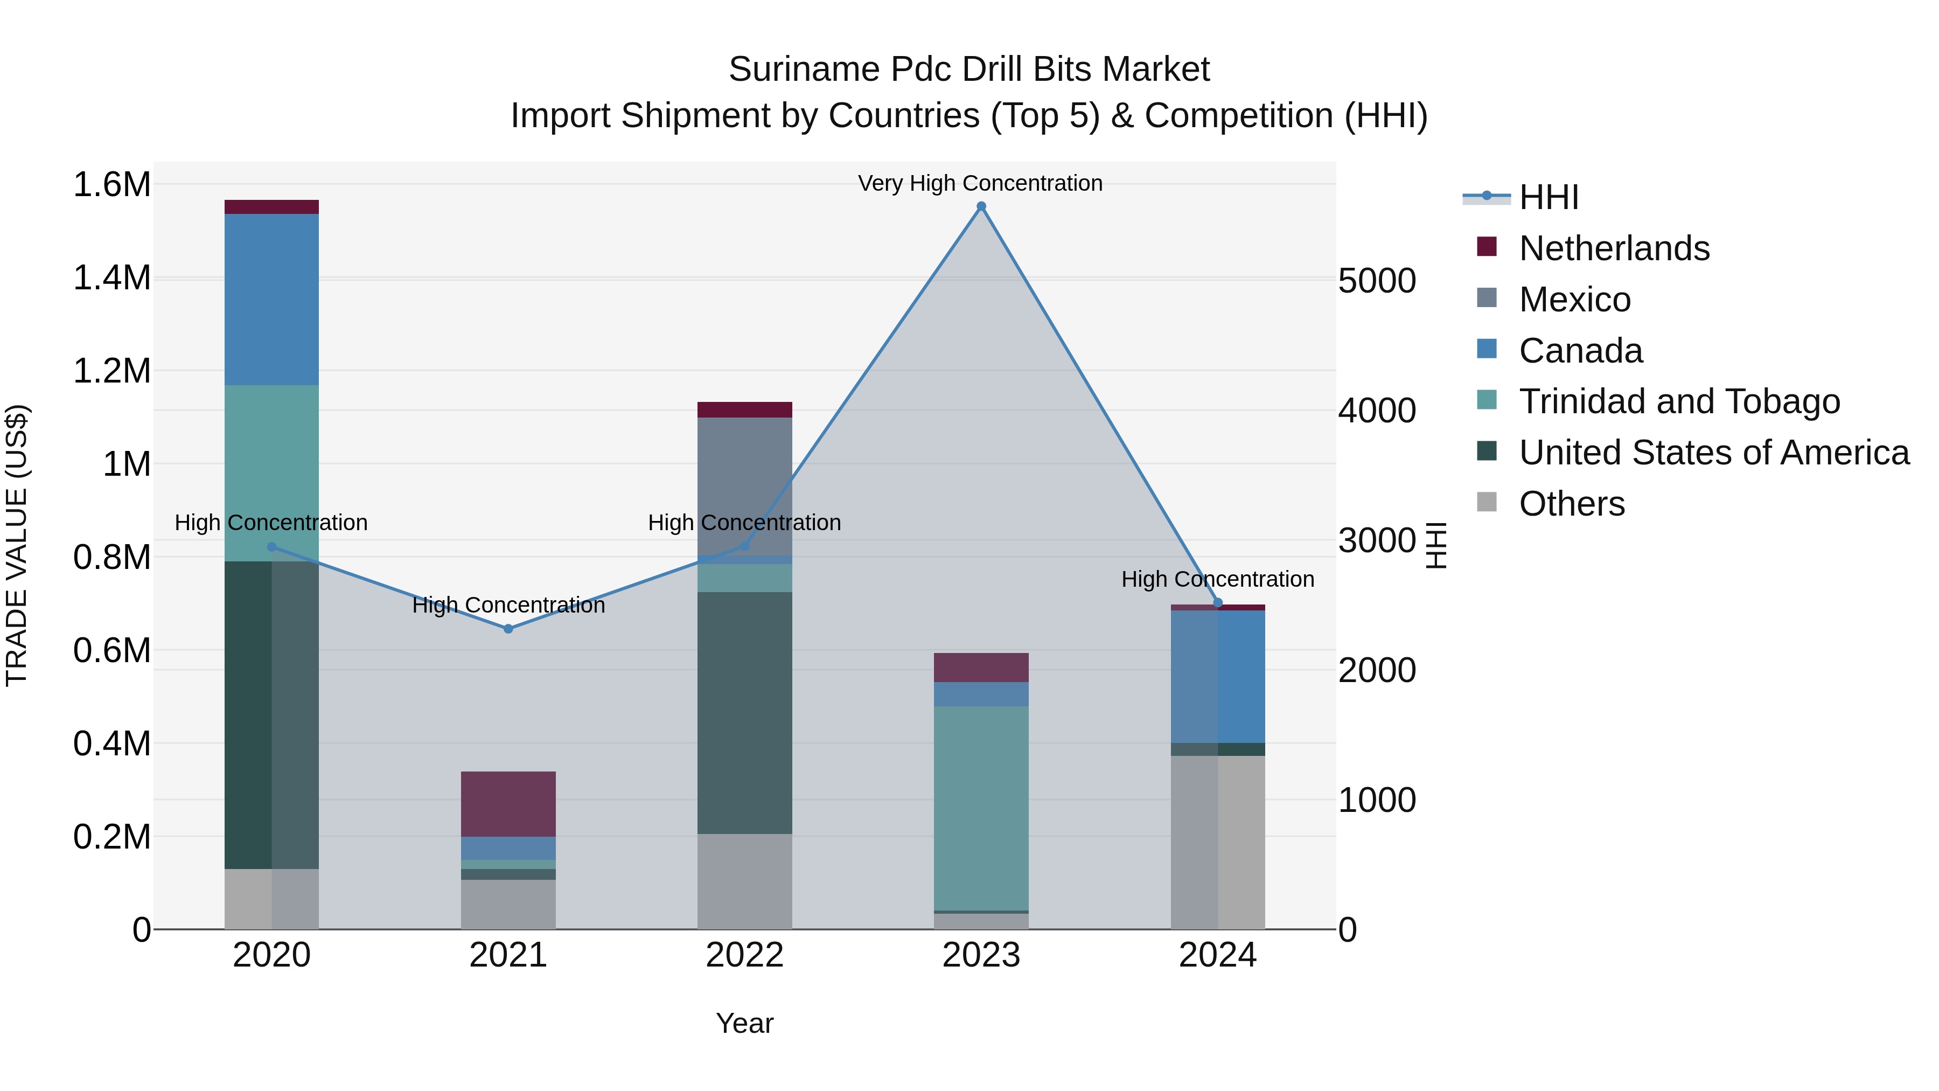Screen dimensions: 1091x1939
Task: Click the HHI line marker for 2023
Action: (x=981, y=206)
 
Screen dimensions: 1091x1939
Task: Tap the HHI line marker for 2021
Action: (x=508, y=629)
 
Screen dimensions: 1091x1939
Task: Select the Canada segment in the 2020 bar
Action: (x=272, y=300)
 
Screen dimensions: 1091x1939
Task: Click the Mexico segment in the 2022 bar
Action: (x=744, y=485)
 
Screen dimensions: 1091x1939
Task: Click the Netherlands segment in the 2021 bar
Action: (x=508, y=803)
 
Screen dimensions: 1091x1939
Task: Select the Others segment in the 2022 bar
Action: (x=744, y=881)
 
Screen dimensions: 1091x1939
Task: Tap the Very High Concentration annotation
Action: (x=980, y=183)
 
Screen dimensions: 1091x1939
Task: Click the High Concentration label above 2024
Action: (x=1217, y=579)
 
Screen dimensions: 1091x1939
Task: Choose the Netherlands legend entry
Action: (x=1613, y=248)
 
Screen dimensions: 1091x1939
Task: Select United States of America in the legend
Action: (x=1713, y=453)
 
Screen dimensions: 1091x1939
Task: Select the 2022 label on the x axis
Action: (x=744, y=955)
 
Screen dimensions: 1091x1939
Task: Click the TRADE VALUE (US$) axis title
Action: (x=17, y=545)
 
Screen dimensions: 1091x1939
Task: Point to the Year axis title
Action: (x=744, y=1023)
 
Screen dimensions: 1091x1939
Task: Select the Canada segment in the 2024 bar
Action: (x=1217, y=676)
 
